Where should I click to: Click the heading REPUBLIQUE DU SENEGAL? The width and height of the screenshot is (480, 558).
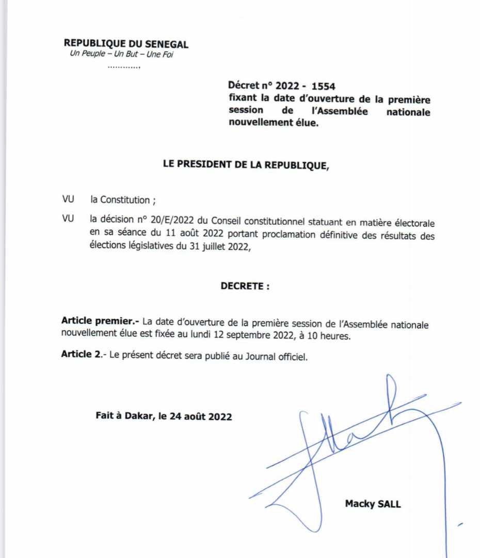coord(126,44)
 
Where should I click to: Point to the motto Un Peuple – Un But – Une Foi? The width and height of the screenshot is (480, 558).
coord(121,54)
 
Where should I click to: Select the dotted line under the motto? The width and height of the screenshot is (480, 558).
coord(124,67)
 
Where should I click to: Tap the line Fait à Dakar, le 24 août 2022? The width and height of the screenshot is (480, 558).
coord(164,416)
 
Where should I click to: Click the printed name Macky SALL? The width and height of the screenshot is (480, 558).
coord(373,504)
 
